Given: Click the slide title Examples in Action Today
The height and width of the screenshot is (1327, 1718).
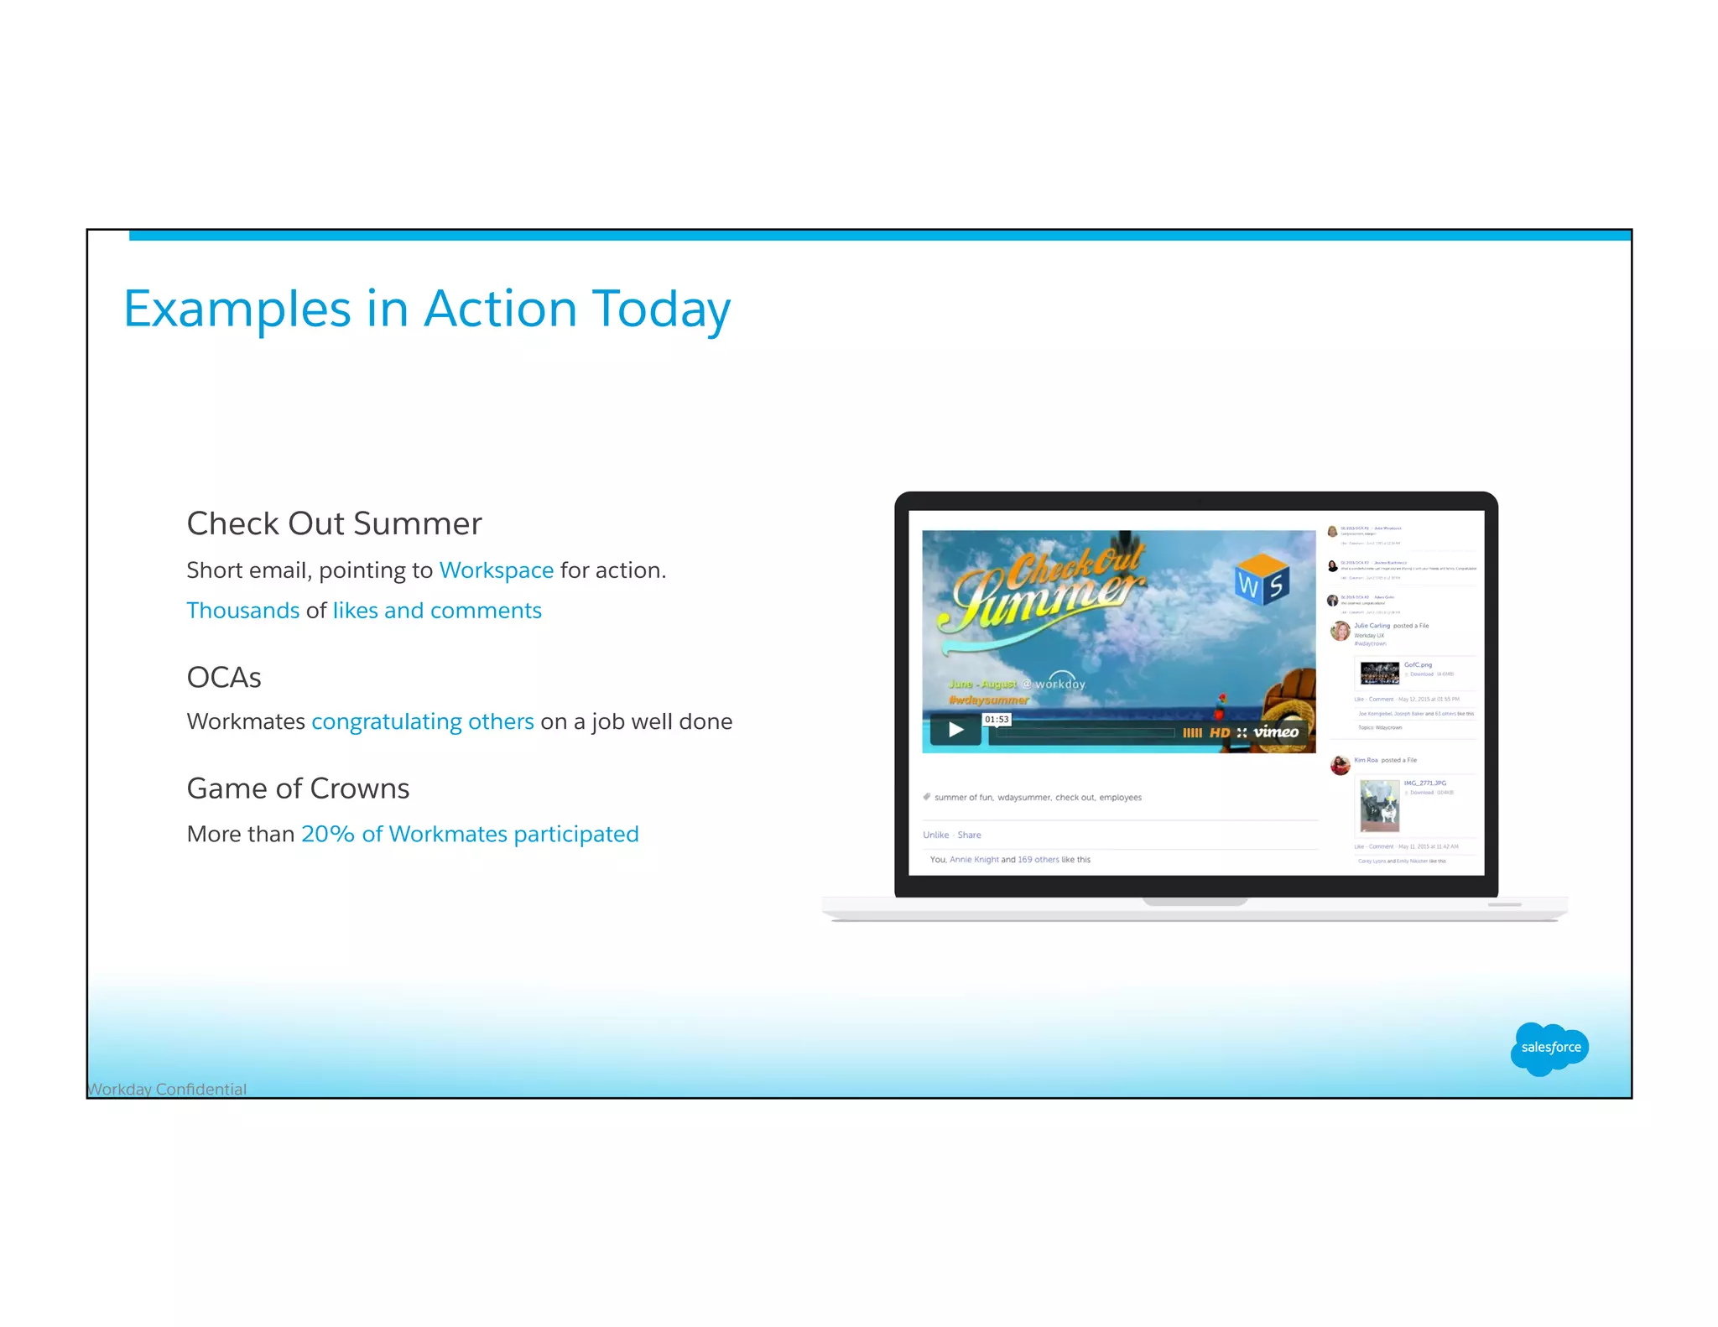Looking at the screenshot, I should (426, 309).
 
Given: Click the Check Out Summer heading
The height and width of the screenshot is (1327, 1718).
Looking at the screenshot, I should (334, 523).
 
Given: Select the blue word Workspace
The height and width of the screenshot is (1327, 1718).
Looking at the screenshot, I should (496, 570).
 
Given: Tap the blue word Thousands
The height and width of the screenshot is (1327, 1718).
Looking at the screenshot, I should (242, 611).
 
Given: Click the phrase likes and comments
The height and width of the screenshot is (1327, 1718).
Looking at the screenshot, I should (437, 611).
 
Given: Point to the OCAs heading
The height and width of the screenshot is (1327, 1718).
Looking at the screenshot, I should (224, 677).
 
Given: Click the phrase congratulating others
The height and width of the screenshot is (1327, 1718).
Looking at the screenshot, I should (422, 721).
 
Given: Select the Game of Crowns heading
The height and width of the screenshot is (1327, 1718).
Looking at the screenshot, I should (298, 788).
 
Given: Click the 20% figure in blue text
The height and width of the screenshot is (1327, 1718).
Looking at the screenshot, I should (327, 834).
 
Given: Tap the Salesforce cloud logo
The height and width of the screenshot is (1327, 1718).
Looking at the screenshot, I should (1549, 1048).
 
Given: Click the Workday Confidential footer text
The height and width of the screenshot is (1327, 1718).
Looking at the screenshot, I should (167, 1089).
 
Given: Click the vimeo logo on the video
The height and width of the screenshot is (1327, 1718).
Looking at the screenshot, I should (1276, 731).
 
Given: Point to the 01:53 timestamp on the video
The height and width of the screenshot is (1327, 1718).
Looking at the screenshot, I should (997, 719).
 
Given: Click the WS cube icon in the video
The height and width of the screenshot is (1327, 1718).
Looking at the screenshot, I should (1262, 580).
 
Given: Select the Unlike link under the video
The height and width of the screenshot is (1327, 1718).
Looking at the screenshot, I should (935, 835).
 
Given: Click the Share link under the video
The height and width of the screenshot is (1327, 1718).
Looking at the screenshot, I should (969, 835).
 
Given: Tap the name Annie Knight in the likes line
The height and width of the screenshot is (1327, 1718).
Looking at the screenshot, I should (974, 859).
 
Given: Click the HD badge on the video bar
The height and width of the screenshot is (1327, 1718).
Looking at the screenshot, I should (1220, 732).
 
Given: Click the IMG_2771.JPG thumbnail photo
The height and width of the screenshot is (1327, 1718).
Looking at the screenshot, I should (1379, 805).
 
